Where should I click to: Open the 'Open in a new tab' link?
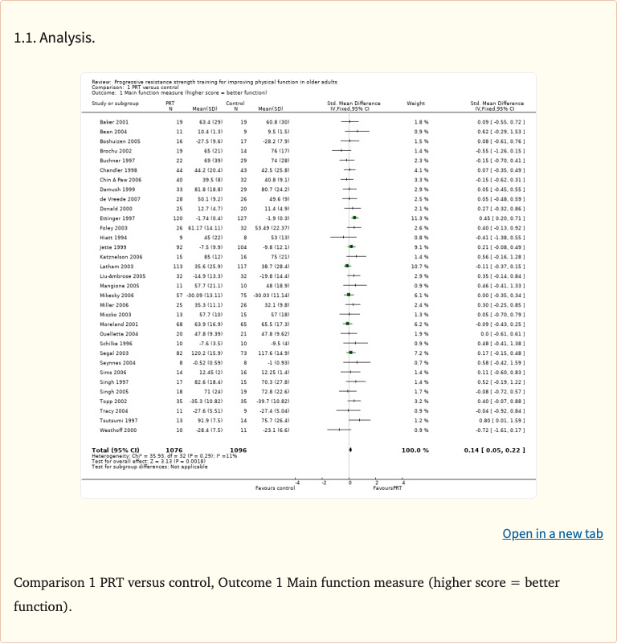[552, 534]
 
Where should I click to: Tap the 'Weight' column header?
[416, 104]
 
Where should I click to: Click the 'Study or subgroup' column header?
[115, 104]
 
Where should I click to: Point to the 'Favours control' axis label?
[275, 488]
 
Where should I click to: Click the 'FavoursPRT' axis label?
[387, 488]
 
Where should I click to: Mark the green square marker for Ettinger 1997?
[354, 218]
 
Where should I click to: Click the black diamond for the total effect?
[351, 450]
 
